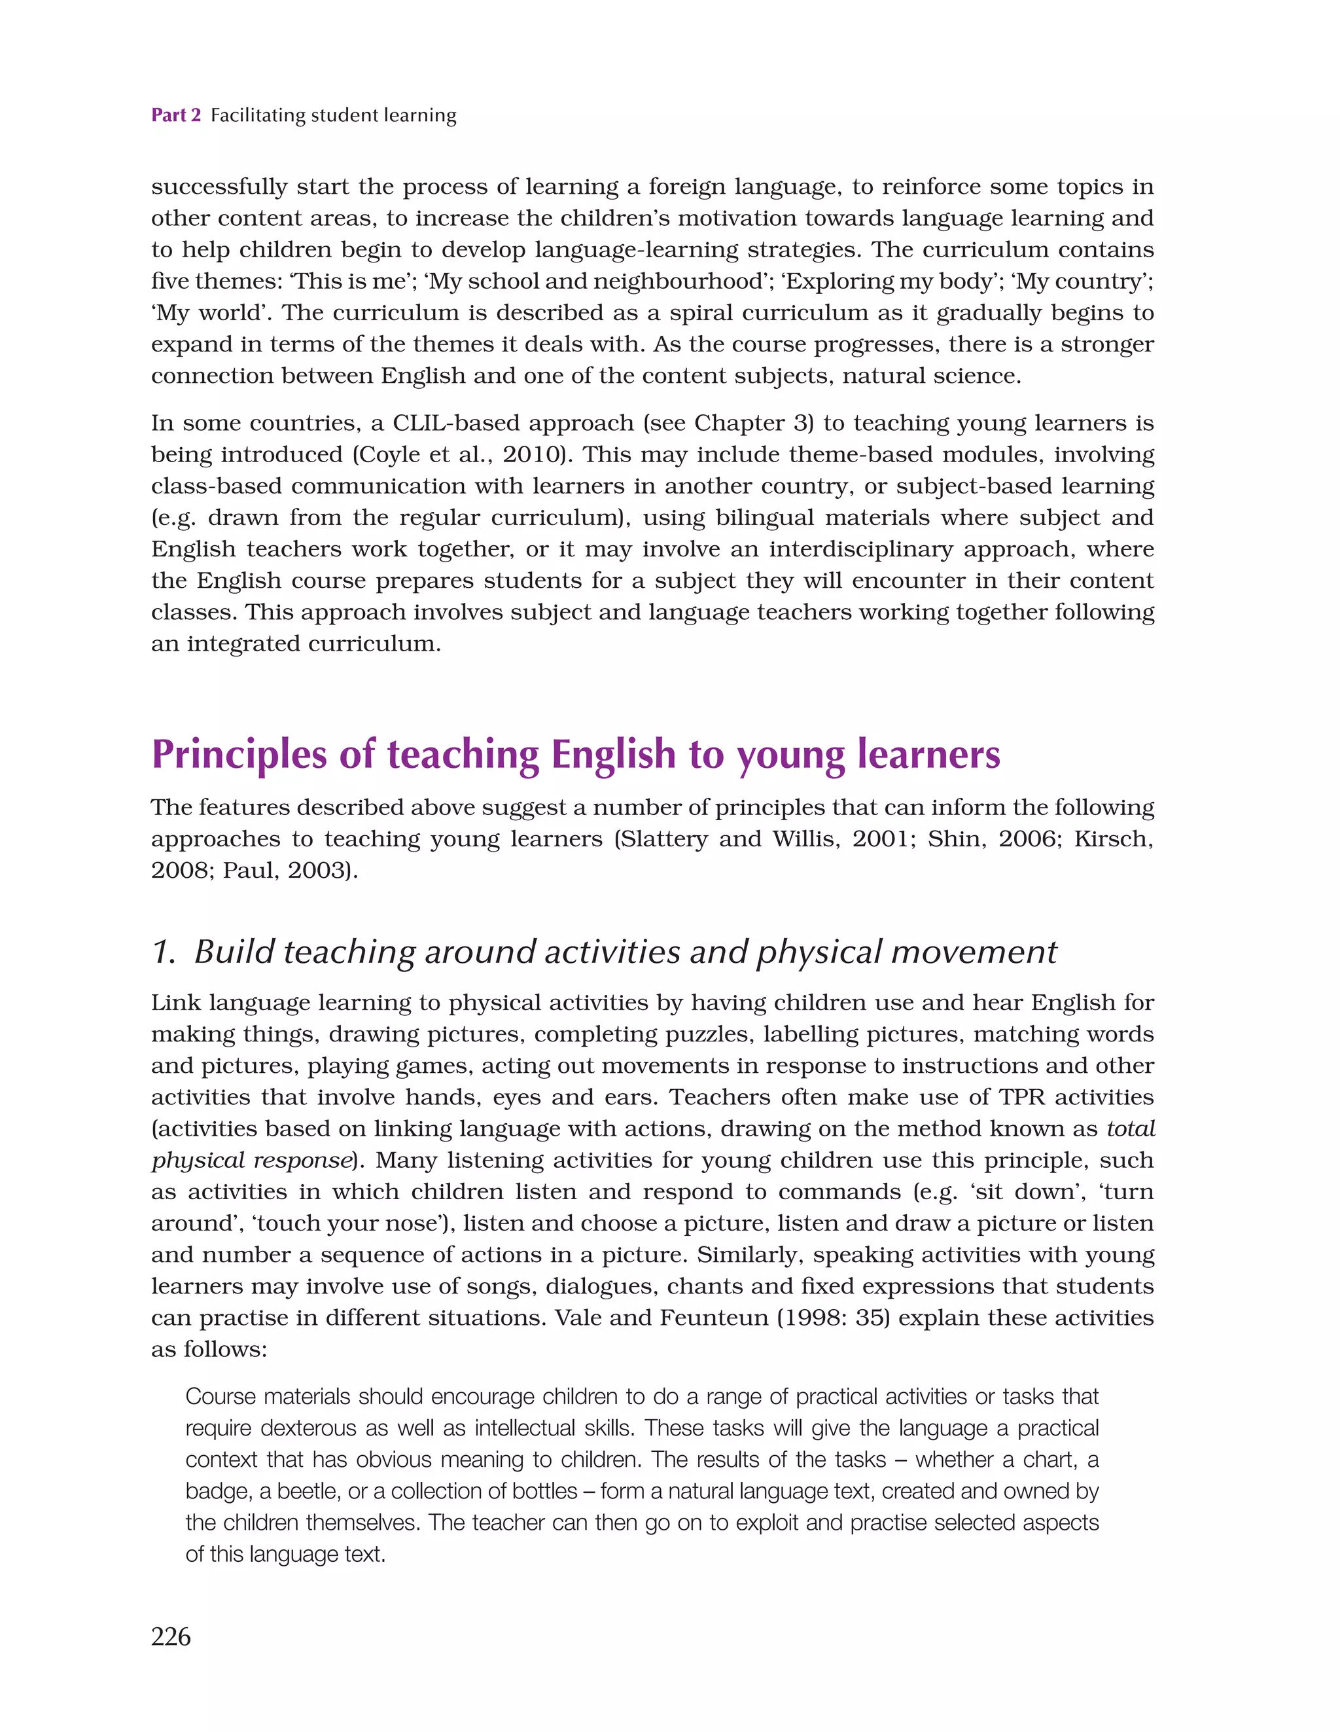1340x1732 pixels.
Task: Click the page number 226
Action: click(171, 1636)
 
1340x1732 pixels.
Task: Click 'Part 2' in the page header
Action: click(176, 116)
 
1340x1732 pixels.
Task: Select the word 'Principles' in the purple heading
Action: click(238, 755)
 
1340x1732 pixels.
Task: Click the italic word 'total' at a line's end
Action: click(1131, 1129)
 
